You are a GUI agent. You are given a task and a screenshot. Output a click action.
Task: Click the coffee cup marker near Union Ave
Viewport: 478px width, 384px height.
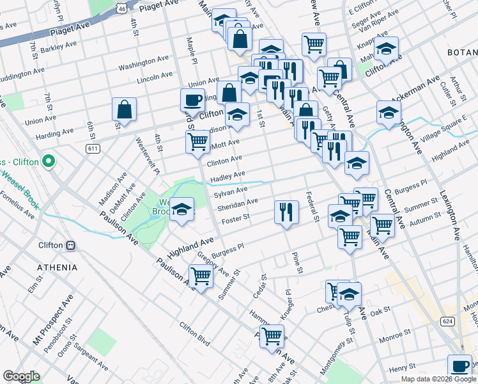[x=193, y=100]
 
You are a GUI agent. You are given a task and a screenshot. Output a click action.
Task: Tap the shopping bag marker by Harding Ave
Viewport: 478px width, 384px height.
[x=125, y=109]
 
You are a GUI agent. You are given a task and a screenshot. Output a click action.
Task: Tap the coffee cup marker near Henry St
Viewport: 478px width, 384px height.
[x=459, y=366]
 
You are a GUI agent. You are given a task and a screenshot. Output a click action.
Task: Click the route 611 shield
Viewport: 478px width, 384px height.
[x=93, y=148]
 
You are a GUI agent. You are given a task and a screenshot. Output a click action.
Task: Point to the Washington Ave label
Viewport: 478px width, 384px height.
[x=143, y=62]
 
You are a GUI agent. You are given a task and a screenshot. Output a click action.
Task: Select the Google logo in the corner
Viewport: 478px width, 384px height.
[x=21, y=376]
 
